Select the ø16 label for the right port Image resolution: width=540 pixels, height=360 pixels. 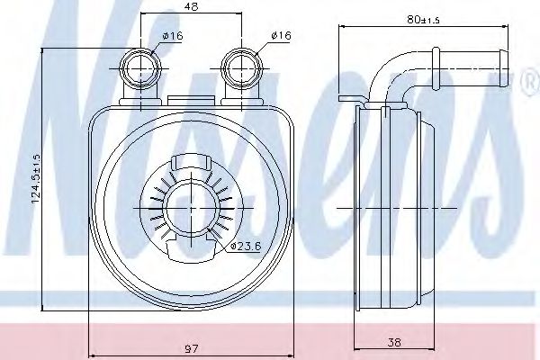[280, 36]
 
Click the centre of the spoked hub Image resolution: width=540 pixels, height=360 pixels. [191, 207]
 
